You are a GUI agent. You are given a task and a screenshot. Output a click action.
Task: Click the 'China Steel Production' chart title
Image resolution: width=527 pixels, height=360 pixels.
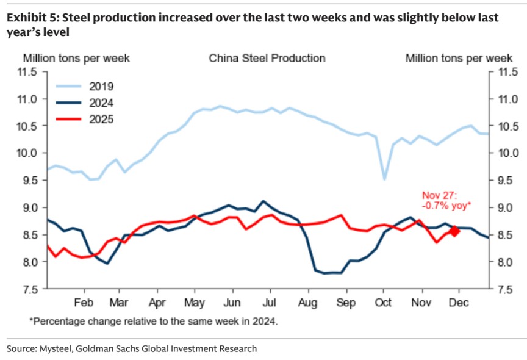(267, 59)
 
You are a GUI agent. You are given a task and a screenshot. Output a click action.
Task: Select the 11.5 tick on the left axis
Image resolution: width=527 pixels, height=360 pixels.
(28, 72)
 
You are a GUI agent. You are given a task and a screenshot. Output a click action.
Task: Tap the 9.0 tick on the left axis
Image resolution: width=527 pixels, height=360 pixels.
(28, 207)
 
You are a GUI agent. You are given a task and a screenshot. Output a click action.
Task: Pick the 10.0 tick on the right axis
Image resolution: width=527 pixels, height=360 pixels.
(507, 153)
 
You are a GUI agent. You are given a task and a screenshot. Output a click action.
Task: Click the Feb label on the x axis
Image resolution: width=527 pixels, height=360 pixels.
(84, 302)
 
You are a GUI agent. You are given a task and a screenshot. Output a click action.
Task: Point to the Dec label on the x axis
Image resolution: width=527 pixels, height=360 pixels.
(459, 302)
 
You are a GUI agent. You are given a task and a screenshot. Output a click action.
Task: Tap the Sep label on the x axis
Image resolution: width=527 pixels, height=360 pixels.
(346, 302)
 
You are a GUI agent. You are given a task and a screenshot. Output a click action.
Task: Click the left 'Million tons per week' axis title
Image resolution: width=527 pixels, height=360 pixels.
(76, 59)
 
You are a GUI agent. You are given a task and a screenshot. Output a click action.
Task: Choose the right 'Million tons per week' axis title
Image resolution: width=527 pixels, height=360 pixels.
(459, 59)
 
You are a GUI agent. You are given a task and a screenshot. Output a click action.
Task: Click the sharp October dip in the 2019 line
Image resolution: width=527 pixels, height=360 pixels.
(384, 179)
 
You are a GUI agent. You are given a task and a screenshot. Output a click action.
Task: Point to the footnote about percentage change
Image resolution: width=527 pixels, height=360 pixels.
(153, 320)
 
